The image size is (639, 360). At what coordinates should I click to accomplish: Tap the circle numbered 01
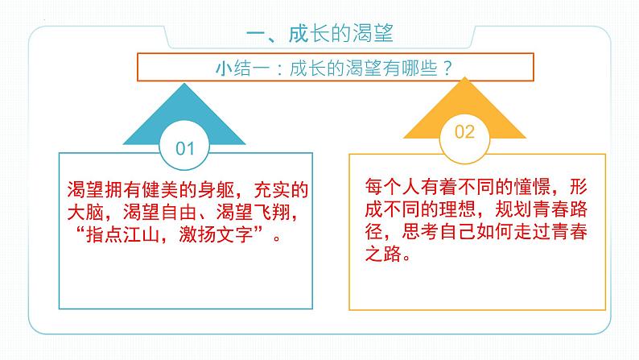(x=185, y=148)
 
